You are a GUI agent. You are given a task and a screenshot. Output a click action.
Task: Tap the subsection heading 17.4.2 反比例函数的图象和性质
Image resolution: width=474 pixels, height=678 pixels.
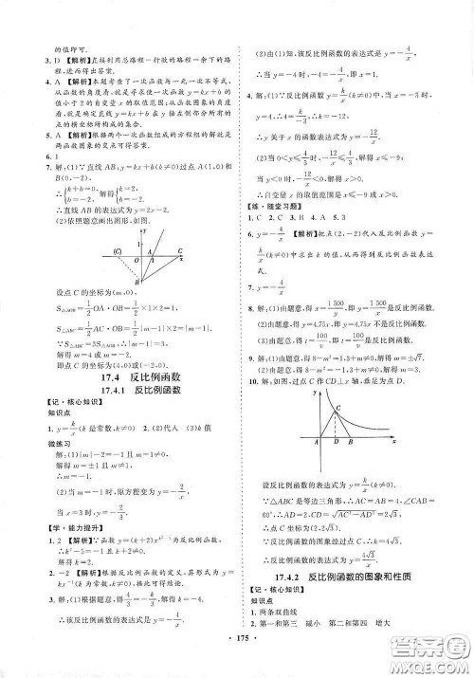tap(353, 575)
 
